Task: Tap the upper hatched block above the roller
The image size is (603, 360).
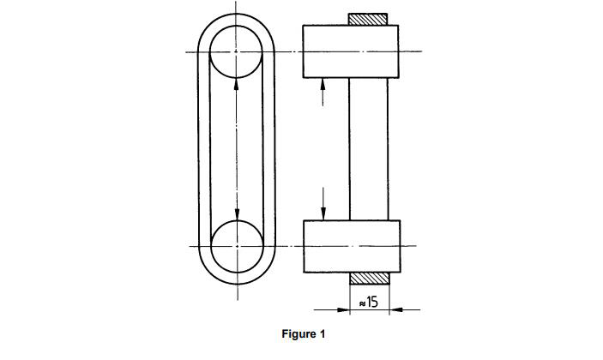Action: [368, 19]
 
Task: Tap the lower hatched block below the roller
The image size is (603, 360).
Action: [370, 279]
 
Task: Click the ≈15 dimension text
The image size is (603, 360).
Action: [369, 302]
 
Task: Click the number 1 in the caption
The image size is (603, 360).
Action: [322, 333]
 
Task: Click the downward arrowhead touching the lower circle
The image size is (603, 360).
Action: [237, 214]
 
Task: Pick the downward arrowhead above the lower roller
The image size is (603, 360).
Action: [323, 214]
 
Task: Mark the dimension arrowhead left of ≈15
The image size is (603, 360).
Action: [344, 309]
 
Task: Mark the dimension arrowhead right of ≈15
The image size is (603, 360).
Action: [395, 309]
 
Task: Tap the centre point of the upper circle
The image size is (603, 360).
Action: [236, 51]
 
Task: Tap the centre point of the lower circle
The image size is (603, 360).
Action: [238, 246]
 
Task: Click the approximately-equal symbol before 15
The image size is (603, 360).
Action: [362, 303]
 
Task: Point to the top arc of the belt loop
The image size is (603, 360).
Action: [236, 15]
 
